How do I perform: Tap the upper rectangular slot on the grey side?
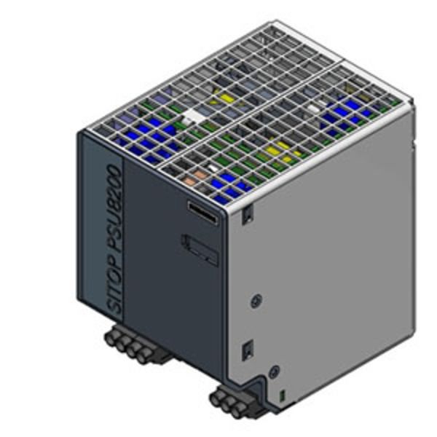tap(248, 213)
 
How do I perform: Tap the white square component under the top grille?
tap(194, 115)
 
